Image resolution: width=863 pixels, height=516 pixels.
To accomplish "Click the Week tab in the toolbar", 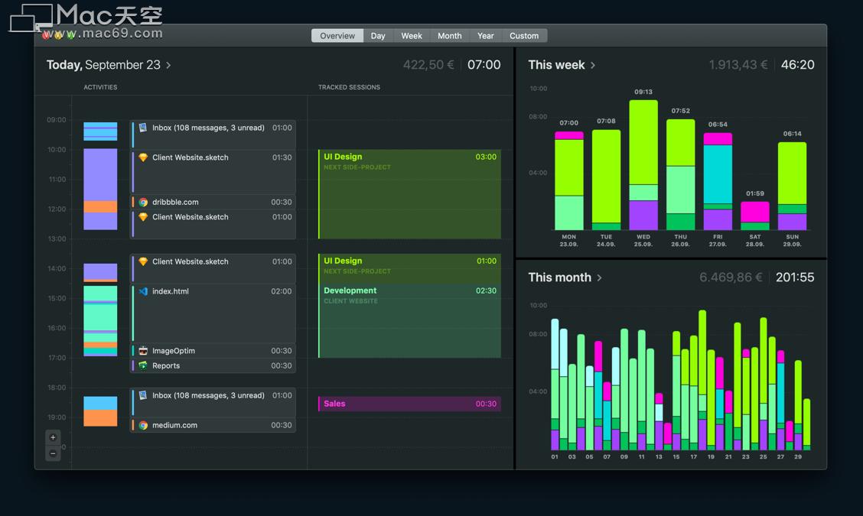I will pos(412,36).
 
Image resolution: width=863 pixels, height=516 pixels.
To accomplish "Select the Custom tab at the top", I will pos(524,36).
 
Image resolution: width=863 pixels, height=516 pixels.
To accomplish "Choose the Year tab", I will pos(486,36).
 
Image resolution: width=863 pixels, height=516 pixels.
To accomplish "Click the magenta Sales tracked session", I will pos(409,404).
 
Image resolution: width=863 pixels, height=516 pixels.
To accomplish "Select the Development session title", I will pos(350,290).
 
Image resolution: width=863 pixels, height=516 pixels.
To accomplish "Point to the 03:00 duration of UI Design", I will pos(486,157).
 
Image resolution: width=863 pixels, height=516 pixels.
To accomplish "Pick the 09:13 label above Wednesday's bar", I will pos(643,92).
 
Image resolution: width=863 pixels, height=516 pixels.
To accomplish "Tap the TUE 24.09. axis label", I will pos(606,240).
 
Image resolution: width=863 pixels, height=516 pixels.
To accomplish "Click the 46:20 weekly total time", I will pos(797,65).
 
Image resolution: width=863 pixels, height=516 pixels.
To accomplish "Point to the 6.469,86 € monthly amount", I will pos(731,277).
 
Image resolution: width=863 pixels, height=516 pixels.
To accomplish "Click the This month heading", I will pos(560,277).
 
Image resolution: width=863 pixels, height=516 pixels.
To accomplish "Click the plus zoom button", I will pos(53,437).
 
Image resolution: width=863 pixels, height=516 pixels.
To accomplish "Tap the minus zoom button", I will pos(53,453).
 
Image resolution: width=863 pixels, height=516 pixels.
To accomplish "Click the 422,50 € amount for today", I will pos(428,65).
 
